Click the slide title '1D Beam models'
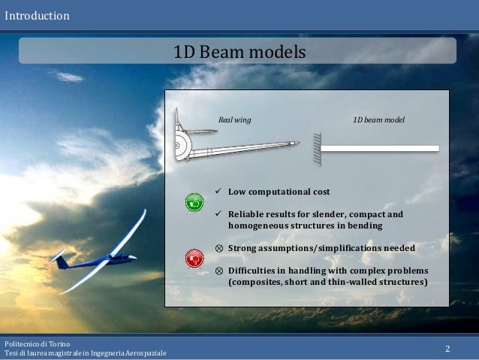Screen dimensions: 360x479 (239, 52)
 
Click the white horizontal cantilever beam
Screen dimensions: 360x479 (380, 149)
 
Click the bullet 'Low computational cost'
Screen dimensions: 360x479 (279, 192)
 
